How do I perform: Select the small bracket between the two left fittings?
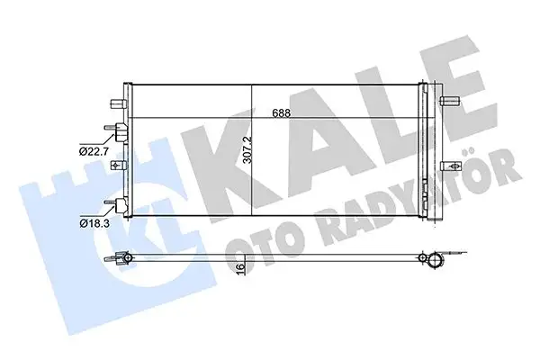(x=117, y=167)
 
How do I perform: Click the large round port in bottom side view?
(x=435, y=261)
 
